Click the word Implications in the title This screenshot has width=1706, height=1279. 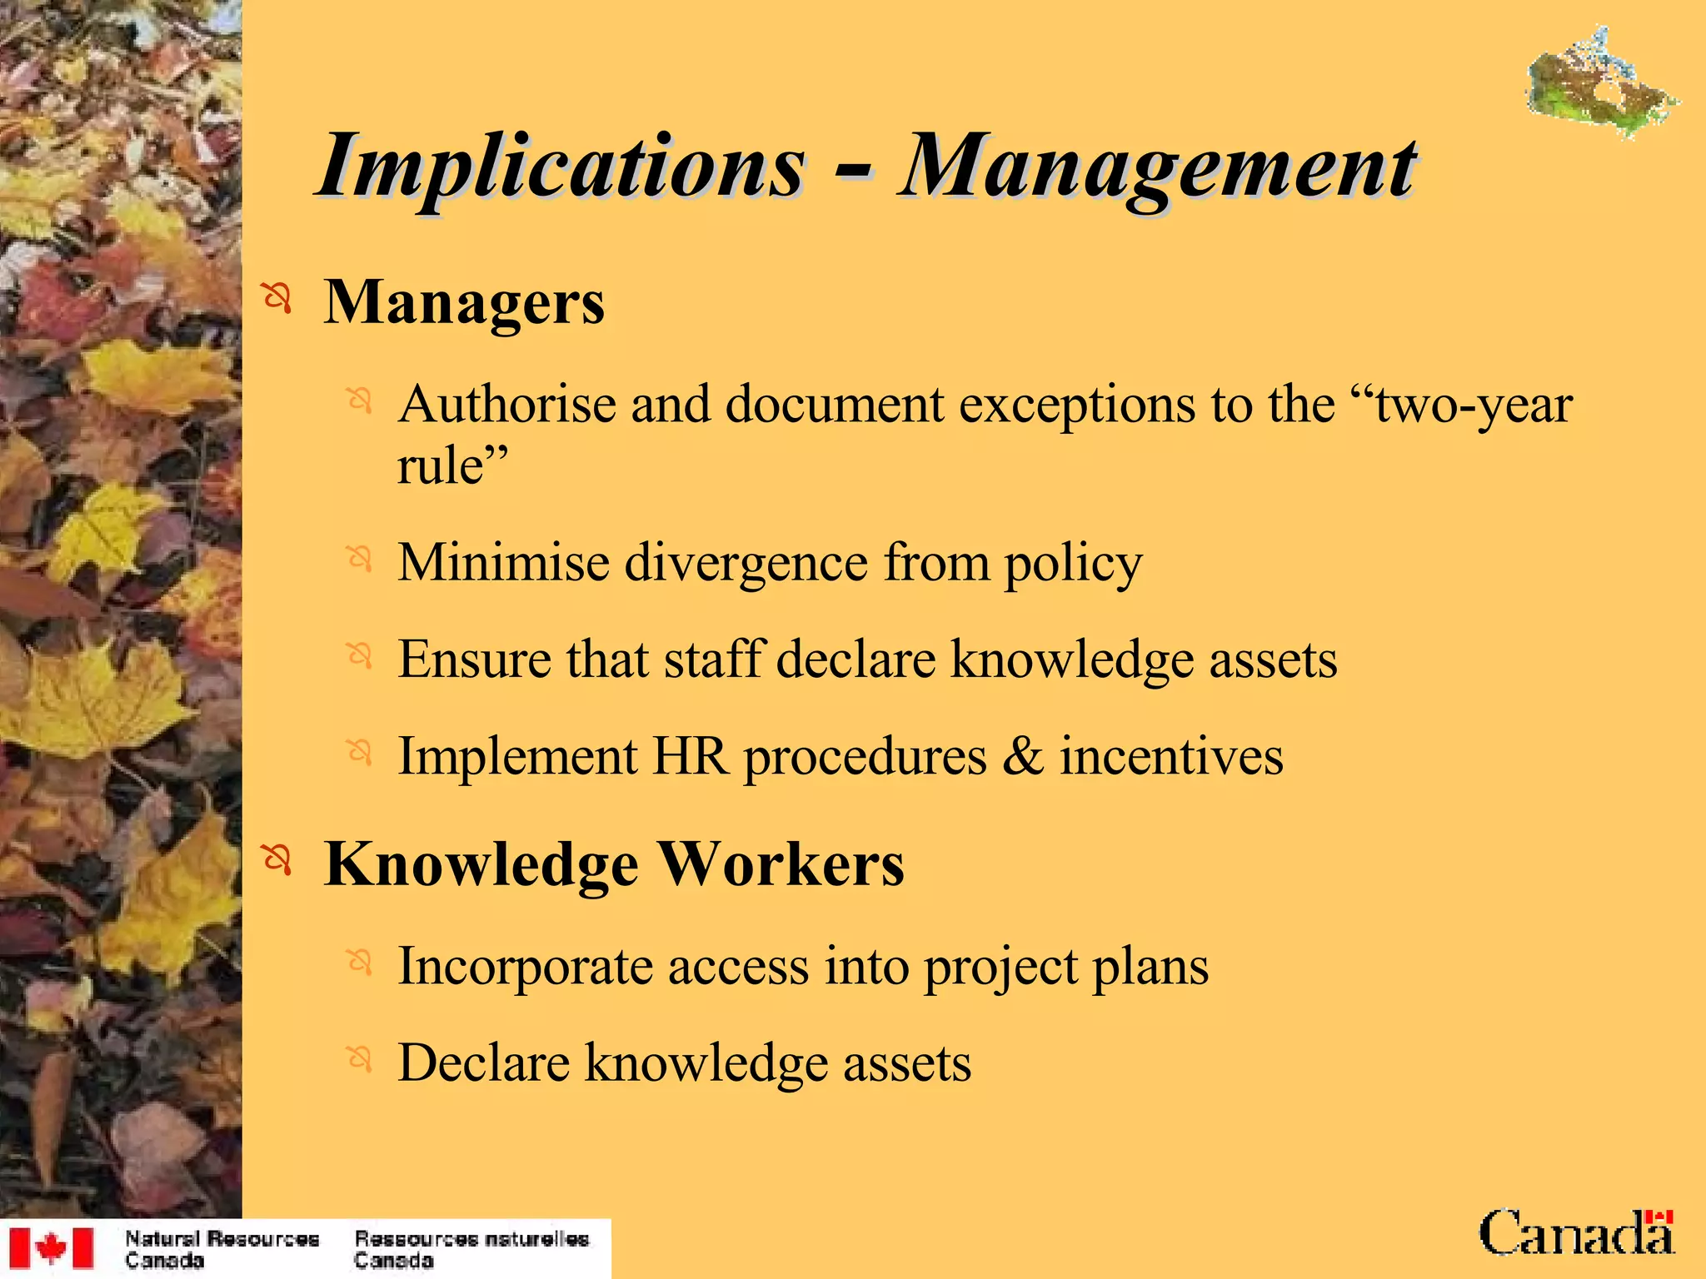click(562, 167)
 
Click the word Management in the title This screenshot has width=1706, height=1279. click(1158, 167)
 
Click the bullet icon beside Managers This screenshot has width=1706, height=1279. click(277, 297)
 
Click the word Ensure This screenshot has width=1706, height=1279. click(475, 659)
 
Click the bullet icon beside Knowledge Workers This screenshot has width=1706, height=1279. click(277, 859)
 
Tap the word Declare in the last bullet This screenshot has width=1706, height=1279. click(483, 1063)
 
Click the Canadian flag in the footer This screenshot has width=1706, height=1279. click(52, 1248)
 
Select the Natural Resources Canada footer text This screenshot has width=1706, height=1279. click(222, 1249)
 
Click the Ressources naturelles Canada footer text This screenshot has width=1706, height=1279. click(471, 1249)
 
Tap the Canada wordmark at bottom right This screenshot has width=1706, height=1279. click(1576, 1233)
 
